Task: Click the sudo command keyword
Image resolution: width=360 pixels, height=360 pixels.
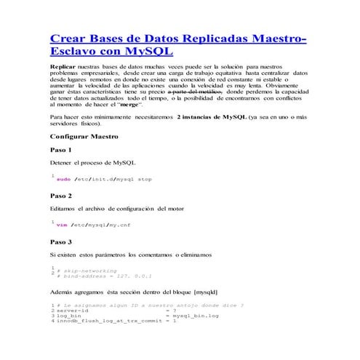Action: point(63,179)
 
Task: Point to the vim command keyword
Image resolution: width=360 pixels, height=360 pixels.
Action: point(62,225)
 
